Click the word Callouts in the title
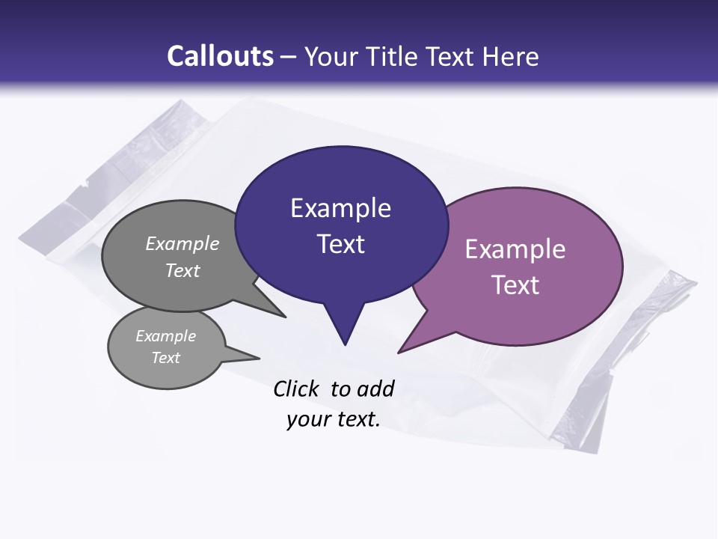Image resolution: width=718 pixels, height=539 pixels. click(x=220, y=56)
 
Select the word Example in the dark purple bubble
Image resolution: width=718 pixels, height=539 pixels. click(x=340, y=208)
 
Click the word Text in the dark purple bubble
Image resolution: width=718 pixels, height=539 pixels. click(x=340, y=244)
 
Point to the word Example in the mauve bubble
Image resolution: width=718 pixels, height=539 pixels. click(x=515, y=249)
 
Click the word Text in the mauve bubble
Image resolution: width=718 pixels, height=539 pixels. click(x=515, y=285)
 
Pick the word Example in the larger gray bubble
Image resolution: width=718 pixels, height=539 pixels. click(x=182, y=244)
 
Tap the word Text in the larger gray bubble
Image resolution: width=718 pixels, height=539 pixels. click(x=182, y=270)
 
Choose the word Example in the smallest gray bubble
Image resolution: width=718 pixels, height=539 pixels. click(x=165, y=336)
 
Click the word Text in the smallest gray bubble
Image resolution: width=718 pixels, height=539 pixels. click(x=165, y=358)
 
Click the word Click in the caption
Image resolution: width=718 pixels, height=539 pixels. click(x=295, y=389)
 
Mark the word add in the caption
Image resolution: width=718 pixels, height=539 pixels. click(x=375, y=389)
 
